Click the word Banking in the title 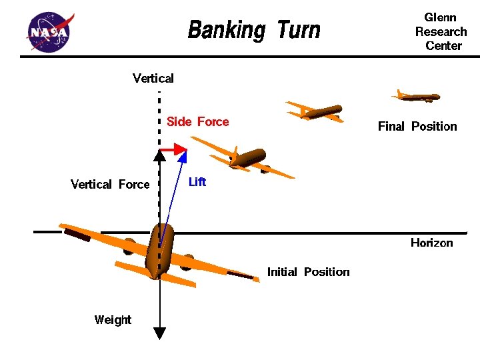click(x=227, y=30)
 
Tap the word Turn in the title click(x=299, y=29)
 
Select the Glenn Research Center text click(x=441, y=31)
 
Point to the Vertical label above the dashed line click(x=153, y=79)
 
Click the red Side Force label click(x=198, y=121)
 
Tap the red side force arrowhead click(x=181, y=149)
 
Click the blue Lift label click(x=197, y=182)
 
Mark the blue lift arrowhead click(x=183, y=156)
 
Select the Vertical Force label click(x=110, y=184)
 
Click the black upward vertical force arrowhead click(x=159, y=155)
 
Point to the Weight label click(x=113, y=320)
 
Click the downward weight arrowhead click(x=159, y=333)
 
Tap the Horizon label click(x=431, y=243)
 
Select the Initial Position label click(x=308, y=272)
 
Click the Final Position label click(x=417, y=126)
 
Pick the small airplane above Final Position click(x=417, y=97)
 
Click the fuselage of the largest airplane click(x=159, y=251)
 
